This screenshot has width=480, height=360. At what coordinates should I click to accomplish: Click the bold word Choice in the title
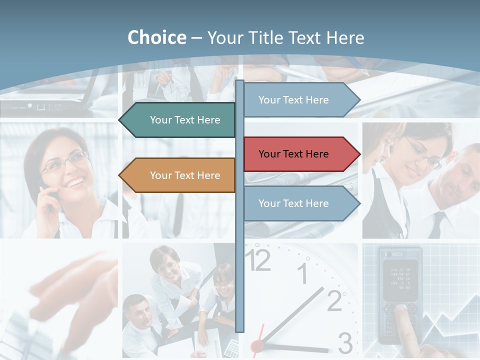(156, 38)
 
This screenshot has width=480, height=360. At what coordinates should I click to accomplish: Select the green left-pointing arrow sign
(177, 120)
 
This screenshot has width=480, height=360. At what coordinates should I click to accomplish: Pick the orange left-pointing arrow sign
(177, 175)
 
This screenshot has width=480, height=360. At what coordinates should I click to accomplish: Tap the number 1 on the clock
(303, 274)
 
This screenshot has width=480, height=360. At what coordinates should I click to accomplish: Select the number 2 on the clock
(334, 300)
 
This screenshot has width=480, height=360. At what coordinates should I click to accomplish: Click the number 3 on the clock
(345, 343)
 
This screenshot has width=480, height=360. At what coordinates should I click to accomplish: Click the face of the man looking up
(137, 307)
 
